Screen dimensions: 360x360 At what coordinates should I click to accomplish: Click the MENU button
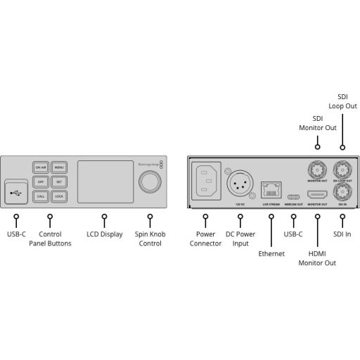point(59,167)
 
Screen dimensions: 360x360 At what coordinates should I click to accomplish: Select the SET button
point(59,181)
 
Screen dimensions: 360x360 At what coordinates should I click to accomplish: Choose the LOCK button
point(59,195)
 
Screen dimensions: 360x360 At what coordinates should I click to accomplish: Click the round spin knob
point(149,182)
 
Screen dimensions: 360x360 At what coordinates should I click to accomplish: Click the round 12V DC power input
point(239,184)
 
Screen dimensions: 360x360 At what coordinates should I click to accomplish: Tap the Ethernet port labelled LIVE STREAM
point(271,188)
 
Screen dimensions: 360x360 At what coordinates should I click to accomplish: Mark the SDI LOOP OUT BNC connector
point(342,169)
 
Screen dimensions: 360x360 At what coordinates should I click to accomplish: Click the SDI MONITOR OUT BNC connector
point(317,169)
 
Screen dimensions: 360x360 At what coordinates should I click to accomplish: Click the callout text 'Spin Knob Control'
point(149,238)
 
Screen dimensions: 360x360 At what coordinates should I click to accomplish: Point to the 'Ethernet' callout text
point(271,253)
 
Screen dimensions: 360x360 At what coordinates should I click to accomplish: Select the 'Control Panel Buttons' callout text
point(49,238)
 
